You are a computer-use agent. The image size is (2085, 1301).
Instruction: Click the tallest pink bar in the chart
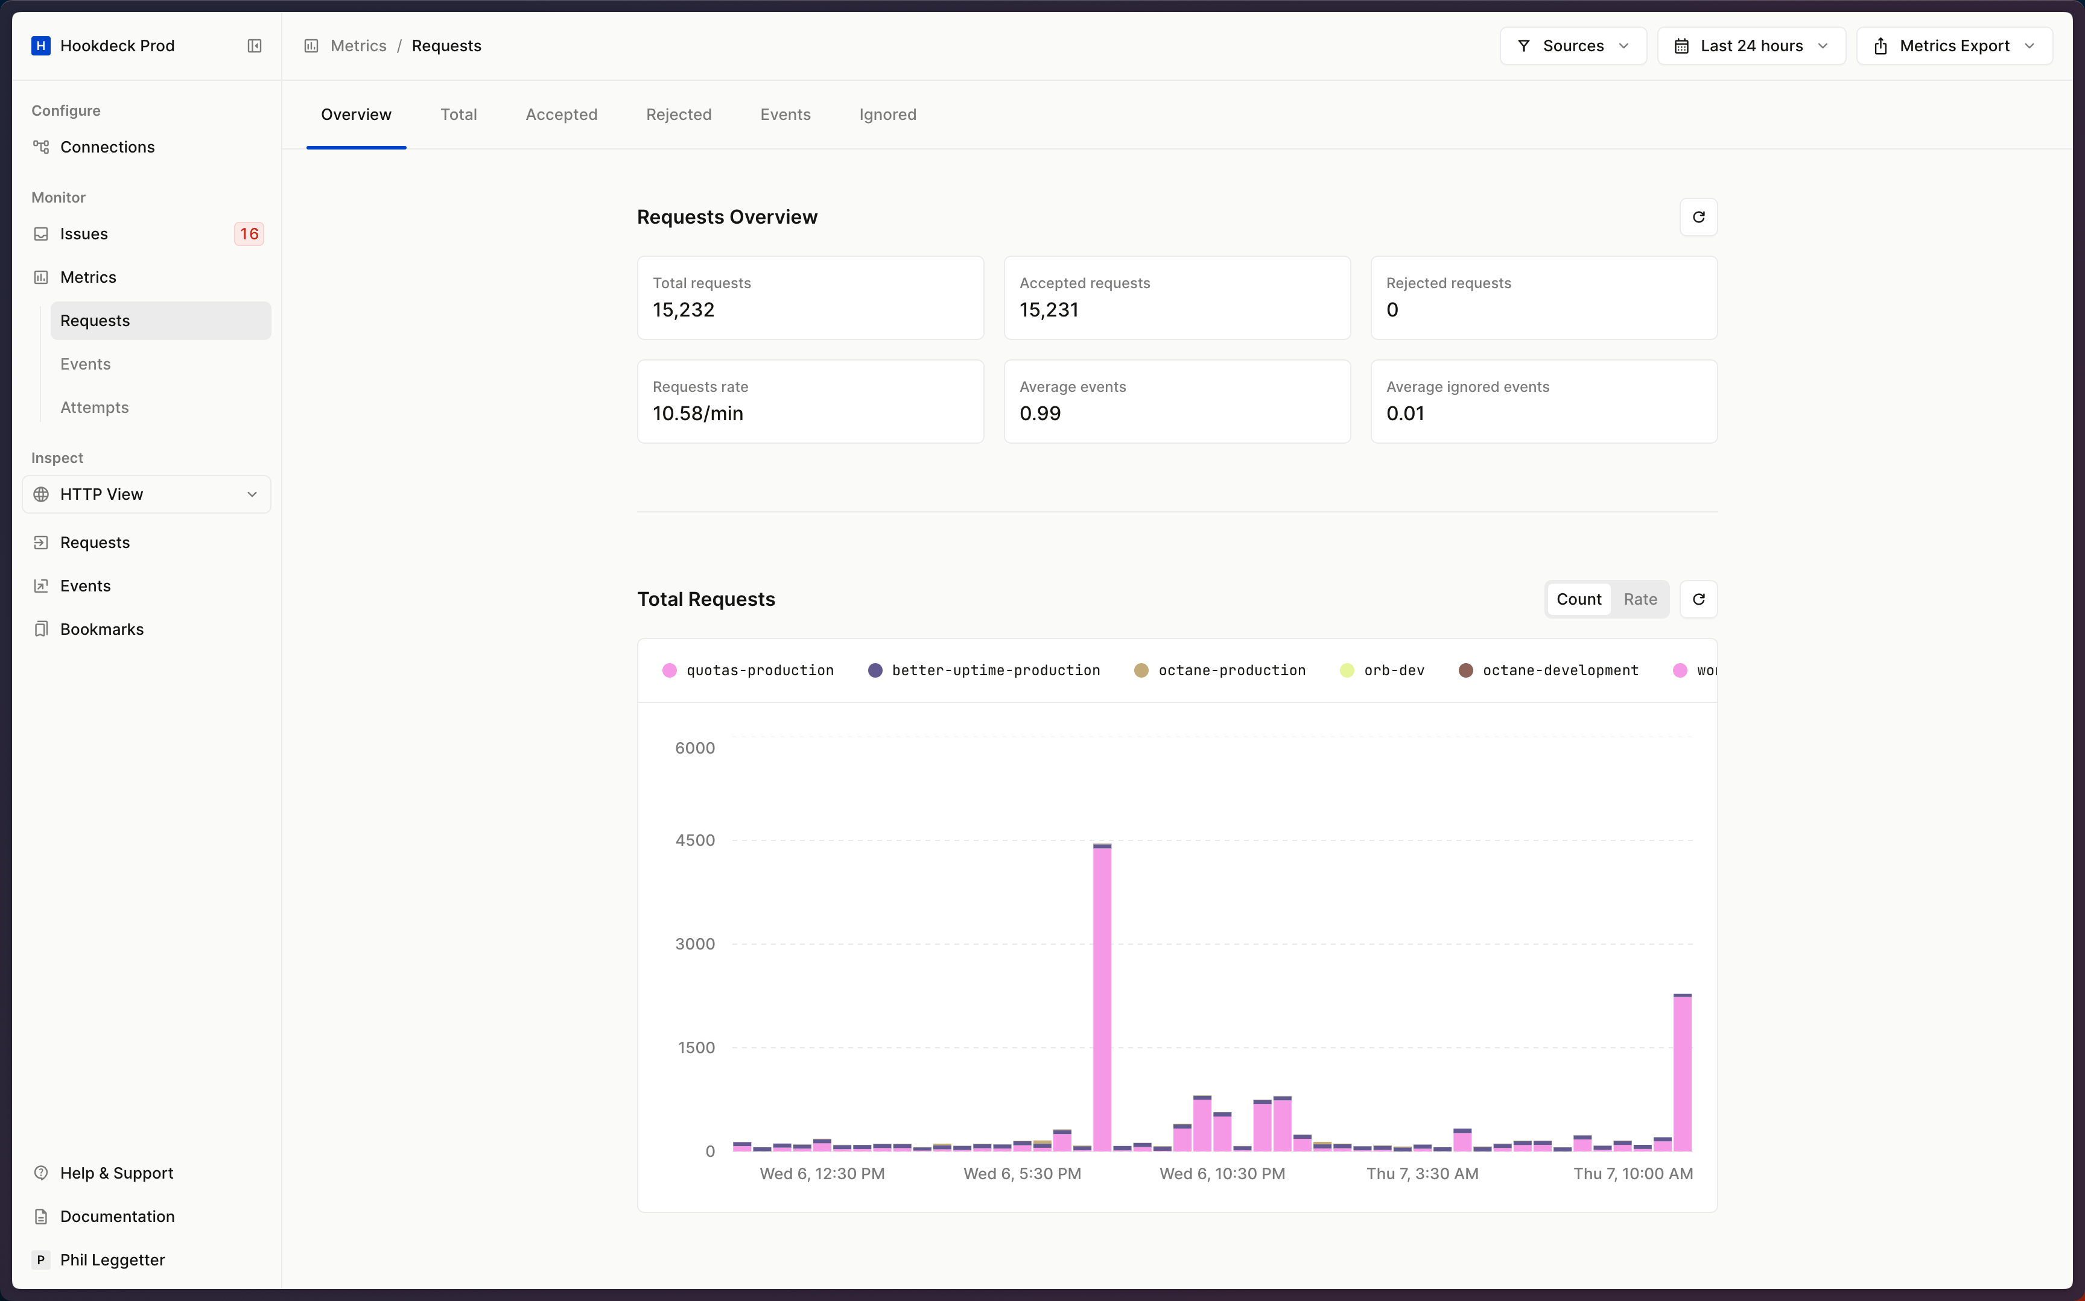click(1102, 998)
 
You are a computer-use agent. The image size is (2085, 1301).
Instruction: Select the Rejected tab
click(678, 115)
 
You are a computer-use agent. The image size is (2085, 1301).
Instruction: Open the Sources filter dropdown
click(1572, 46)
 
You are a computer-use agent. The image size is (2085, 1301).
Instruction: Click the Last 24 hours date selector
click(1750, 46)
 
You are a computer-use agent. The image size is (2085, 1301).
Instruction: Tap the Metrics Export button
click(1953, 46)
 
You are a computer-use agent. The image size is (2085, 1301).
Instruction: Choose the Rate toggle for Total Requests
click(1639, 599)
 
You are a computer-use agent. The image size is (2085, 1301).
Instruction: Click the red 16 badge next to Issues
click(249, 234)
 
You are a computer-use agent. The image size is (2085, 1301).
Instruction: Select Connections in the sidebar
click(107, 147)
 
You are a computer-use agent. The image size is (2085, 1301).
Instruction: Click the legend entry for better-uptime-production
click(995, 670)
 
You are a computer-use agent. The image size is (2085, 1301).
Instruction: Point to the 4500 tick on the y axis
click(695, 840)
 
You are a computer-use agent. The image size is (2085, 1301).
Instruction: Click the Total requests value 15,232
click(684, 310)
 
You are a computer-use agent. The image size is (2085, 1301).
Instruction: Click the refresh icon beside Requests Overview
click(1698, 217)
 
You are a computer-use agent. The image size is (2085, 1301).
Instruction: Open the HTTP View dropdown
click(147, 494)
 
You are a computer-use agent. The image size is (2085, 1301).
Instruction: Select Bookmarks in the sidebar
click(101, 629)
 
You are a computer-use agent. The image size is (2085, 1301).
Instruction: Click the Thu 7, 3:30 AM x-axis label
click(1422, 1174)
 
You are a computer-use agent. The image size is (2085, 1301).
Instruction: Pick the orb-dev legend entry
click(1393, 670)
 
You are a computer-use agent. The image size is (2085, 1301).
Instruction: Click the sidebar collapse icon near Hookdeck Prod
click(254, 46)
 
